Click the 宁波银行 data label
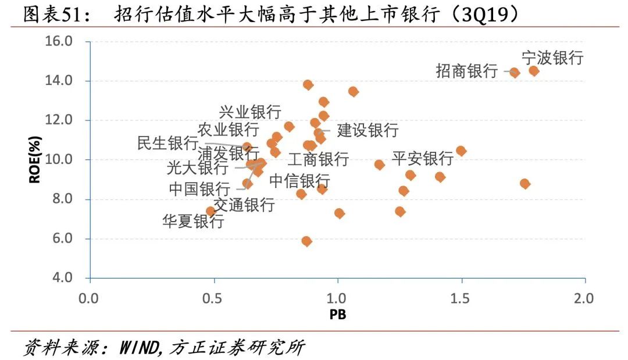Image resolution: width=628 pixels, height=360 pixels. tap(552, 58)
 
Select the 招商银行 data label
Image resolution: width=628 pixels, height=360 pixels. tap(467, 72)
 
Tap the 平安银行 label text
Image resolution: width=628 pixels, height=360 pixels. tap(422, 158)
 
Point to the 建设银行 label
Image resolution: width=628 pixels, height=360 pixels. tap(367, 130)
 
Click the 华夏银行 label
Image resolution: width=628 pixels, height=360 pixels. tap(193, 222)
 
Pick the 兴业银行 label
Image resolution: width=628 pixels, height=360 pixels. tap(250, 112)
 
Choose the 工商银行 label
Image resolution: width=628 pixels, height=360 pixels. tap(318, 159)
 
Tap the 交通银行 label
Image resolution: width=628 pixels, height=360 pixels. tap(244, 204)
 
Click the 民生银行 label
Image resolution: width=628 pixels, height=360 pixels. tap(167, 142)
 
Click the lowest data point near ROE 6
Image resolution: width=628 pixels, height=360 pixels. tap(306, 241)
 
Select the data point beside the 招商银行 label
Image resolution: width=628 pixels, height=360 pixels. tap(514, 73)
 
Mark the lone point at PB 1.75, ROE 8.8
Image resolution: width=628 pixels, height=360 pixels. tap(524, 184)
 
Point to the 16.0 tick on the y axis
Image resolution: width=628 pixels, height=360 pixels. tap(60, 41)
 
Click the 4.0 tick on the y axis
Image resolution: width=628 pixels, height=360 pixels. tap(60, 278)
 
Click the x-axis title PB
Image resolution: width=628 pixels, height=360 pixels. tap(337, 315)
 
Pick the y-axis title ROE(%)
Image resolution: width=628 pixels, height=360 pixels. tap(35, 159)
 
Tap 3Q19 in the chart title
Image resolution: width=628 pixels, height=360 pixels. tap(483, 15)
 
